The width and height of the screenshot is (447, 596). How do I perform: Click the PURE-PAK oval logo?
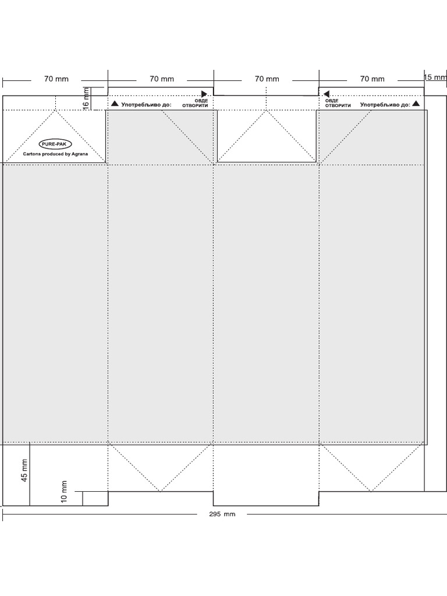[x=55, y=144]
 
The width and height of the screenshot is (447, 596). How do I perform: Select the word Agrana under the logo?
[x=80, y=154]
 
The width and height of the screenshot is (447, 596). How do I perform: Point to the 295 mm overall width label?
[x=222, y=515]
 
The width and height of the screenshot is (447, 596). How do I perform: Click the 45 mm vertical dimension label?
[x=24, y=470]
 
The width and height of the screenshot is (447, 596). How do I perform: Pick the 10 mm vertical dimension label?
[x=64, y=491]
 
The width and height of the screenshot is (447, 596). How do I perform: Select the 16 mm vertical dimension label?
[x=86, y=99]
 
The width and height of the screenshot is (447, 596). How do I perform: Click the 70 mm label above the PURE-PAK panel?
[x=56, y=79]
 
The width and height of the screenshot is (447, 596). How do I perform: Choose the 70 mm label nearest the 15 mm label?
[x=372, y=79]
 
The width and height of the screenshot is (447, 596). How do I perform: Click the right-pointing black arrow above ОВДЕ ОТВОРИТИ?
[x=204, y=94]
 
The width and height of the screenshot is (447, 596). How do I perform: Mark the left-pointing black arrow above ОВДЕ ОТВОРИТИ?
[x=326, y=94]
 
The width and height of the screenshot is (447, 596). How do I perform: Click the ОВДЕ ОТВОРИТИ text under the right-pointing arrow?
[x=195, y=103]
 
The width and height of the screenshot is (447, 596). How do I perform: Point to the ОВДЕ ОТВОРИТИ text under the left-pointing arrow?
[x=338, y=103]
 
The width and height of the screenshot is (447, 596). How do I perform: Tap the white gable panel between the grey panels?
[x=267, y=136]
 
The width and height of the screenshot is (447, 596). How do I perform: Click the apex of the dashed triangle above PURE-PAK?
[x=55, y=110]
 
